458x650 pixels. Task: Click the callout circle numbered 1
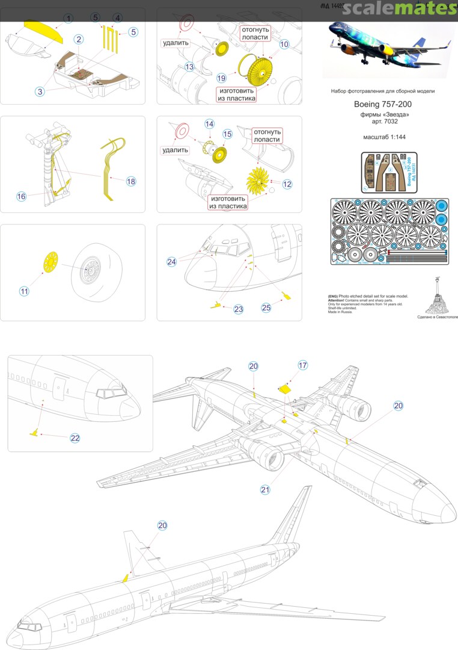(68, 19)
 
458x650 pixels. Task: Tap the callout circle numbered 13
(189, 66)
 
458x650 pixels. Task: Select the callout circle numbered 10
(284, 44)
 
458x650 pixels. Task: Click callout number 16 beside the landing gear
(22, 196)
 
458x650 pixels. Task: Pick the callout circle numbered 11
(24, 291)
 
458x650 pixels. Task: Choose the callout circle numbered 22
(75, 438)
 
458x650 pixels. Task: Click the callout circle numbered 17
(303, 365)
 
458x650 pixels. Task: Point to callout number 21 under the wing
(265, 490)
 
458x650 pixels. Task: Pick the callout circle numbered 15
(227, 134)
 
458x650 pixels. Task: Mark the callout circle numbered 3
(40, 91)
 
